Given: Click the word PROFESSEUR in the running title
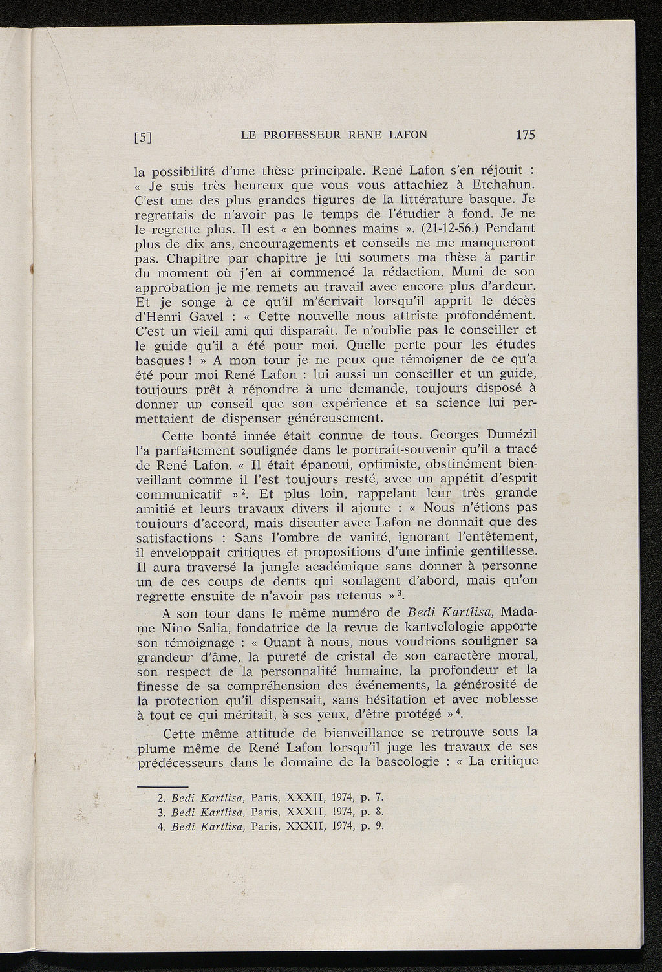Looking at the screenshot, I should (x=301, y=135).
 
